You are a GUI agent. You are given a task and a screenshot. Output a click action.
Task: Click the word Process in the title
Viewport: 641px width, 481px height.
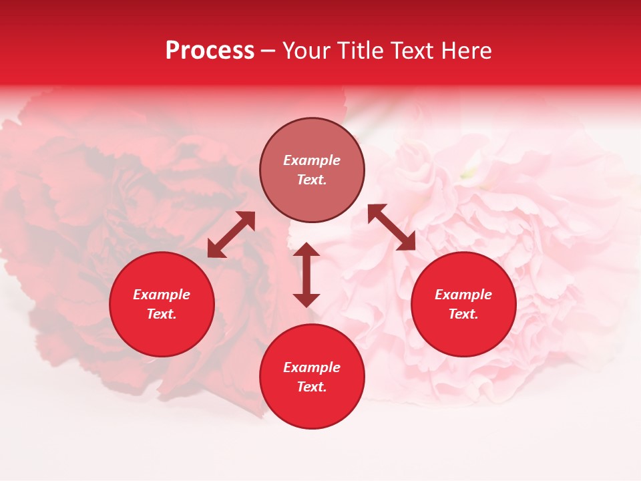(x=210, y=51)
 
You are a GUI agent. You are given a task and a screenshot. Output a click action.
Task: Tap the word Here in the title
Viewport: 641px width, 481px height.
(x=467, y=51)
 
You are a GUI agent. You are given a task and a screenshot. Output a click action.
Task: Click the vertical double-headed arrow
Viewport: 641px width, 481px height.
(x=306, y=275)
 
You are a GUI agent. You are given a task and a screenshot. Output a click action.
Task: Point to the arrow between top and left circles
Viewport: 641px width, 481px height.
(x=231, y=234)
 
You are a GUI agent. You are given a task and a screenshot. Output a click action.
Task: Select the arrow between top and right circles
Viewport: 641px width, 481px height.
(x=392, y=227)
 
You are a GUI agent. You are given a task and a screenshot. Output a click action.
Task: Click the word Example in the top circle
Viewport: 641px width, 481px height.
(x=312, y=160)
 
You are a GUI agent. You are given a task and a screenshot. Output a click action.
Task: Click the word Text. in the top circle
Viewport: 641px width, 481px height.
(x=312, y=180)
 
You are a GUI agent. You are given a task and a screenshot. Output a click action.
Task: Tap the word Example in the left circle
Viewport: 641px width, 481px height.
(x=162, y=295)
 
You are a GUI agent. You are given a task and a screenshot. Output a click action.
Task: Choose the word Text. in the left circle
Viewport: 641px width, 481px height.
(x=162, y=314)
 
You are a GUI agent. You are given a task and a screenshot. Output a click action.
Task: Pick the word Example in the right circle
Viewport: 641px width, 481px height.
(x=463, y=295)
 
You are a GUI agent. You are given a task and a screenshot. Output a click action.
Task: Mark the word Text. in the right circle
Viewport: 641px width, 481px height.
(x=463, y=314)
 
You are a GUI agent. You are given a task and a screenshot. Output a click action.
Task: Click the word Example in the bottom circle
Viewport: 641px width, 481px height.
(x=312, y=367)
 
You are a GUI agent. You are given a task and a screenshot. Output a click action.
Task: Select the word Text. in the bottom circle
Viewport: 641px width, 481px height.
(x=312, y=387)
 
